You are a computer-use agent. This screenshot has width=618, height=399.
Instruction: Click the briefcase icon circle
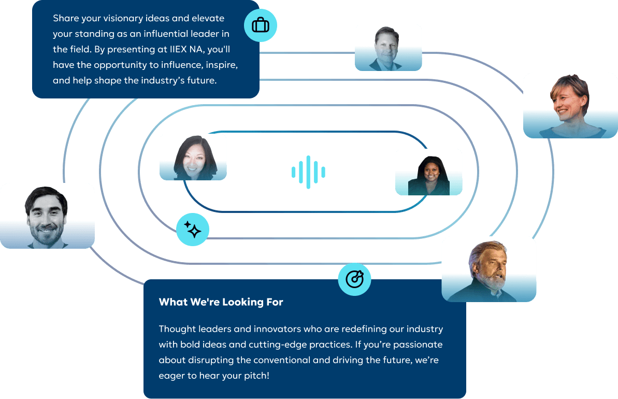click(261, 25)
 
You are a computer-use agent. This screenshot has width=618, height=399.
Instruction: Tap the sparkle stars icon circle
click(193, 229)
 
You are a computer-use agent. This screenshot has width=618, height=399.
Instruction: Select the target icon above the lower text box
click(354, 279)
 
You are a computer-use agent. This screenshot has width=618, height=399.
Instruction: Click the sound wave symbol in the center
click(309, 172)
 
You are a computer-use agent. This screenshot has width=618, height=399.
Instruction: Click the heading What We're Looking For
click(221, 302)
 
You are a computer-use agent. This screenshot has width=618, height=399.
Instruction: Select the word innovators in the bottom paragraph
click(249, 329)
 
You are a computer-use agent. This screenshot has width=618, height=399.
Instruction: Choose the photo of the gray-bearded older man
click(488, 269)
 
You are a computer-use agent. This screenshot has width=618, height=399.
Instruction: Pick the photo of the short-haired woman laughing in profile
click(570, 105)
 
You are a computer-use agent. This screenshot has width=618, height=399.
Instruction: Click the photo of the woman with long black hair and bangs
click(193, 157)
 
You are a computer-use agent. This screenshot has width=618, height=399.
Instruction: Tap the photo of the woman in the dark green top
click(428, 172)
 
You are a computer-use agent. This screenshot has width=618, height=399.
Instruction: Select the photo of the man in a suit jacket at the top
click(388, 48)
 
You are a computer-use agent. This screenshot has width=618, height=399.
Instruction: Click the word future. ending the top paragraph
click(199, 81)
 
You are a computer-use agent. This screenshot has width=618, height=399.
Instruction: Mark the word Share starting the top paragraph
click(66, 19)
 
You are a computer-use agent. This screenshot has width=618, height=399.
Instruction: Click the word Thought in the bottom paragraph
click(177, 329)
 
